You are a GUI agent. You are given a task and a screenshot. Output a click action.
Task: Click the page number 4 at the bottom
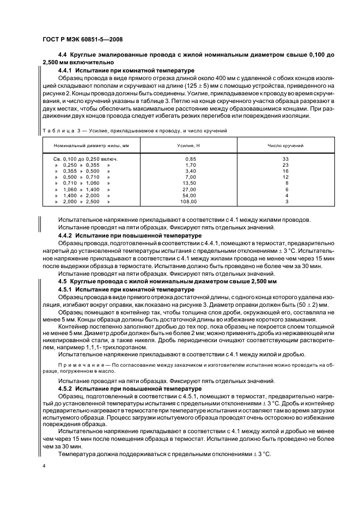pos(44,466)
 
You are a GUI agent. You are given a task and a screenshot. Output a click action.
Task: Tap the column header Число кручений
pos(285,146)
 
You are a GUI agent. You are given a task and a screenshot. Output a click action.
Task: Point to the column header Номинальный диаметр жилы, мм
pos(91,146)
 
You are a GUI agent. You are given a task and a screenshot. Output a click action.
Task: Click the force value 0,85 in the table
pos(190,159)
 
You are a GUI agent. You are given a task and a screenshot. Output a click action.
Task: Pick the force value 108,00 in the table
pos(189,201)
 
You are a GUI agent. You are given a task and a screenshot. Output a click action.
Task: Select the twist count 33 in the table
pos(285,159)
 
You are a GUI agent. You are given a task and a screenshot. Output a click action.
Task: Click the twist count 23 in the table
pos(285,165)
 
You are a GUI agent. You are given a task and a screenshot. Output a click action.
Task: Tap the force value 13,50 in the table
pos(190,183)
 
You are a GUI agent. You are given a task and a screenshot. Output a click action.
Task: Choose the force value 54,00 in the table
pos(190,195)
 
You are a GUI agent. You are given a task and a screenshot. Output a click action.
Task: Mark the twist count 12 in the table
pos(285,177)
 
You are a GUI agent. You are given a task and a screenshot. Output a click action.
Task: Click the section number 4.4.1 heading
pos(66,71)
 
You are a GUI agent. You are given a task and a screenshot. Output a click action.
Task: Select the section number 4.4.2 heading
pos(66,235)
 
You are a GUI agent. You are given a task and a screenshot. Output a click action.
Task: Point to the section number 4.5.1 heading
pos(66,289)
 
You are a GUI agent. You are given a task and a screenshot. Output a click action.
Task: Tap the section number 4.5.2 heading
pos(66,388)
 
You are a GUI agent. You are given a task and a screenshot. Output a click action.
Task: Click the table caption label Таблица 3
pos(62,131)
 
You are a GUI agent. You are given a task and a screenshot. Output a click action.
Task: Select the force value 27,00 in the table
pos(190,189)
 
